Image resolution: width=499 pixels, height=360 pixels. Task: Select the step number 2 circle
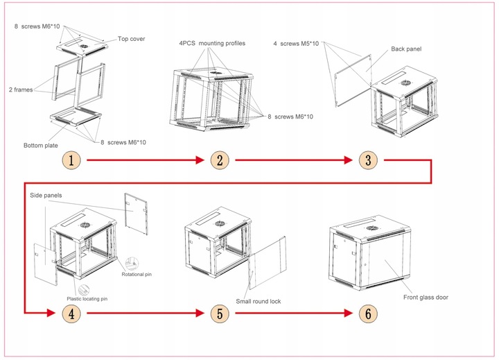point(220,161)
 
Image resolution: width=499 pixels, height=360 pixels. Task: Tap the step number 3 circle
point(368,161)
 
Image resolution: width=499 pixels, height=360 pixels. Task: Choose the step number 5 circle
point(220,313)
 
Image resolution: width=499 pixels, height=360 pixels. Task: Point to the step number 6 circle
point(368,313)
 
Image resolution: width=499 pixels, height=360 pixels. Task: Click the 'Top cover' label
point(132,40)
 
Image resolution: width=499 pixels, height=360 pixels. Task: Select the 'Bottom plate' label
point(40,145)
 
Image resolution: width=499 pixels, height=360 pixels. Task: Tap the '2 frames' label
point(21,89)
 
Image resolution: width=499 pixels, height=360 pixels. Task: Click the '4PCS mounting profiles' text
point(212,44)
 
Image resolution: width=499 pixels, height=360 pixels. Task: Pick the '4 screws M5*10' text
point(296,44)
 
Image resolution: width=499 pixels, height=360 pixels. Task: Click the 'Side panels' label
point(46,196)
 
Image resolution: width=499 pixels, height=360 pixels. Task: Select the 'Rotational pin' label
point(137,274)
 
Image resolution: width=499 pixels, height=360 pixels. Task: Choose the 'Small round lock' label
point(258,301)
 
